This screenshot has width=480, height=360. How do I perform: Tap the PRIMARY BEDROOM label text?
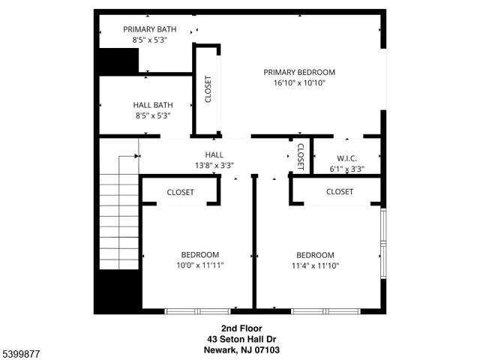[299, 72]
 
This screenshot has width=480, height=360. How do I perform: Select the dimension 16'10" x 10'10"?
[299, 83]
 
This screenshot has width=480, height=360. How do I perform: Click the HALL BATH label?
[153, 105]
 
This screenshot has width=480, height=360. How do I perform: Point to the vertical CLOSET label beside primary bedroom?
[208, 89]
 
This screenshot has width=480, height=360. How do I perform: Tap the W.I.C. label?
[346, 158]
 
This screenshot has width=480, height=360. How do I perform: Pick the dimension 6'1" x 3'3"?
[346, 169]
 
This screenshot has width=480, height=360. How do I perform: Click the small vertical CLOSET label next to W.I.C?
[300, 156]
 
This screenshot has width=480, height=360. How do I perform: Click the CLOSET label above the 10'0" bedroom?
[180, 193]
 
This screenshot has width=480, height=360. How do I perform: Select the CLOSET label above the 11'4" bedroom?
[340, 192]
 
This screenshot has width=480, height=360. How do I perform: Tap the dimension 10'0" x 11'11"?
[199, 265]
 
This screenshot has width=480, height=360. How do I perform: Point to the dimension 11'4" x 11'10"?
[315, 265]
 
